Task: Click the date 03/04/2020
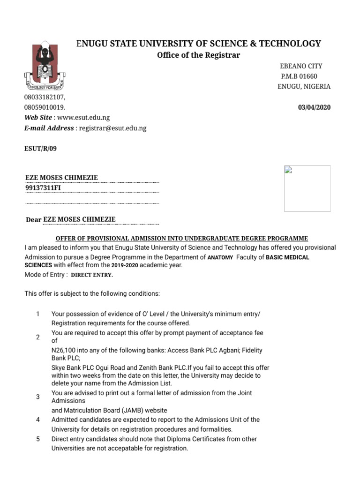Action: click(x=314, y=107)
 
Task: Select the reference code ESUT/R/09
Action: click(x=41, y=149)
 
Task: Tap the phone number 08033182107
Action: click(x=45, y=97)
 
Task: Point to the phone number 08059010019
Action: click(x=45, y=107)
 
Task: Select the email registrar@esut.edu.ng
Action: click(x=112, y=128)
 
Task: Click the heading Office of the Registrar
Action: click(x=191, y=55)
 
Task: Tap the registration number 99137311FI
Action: click(x=43, y=188)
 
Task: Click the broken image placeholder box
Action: click(x=307, y=188)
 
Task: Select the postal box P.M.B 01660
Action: click(x=299, y=76)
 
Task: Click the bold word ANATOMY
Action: click(x=220, y=257)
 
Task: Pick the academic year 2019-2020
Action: click(x=125, y=265)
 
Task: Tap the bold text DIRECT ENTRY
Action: click(x=92, y=275)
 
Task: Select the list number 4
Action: click(x=38, y=420)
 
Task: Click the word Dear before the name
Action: click(x=33, y=220)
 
